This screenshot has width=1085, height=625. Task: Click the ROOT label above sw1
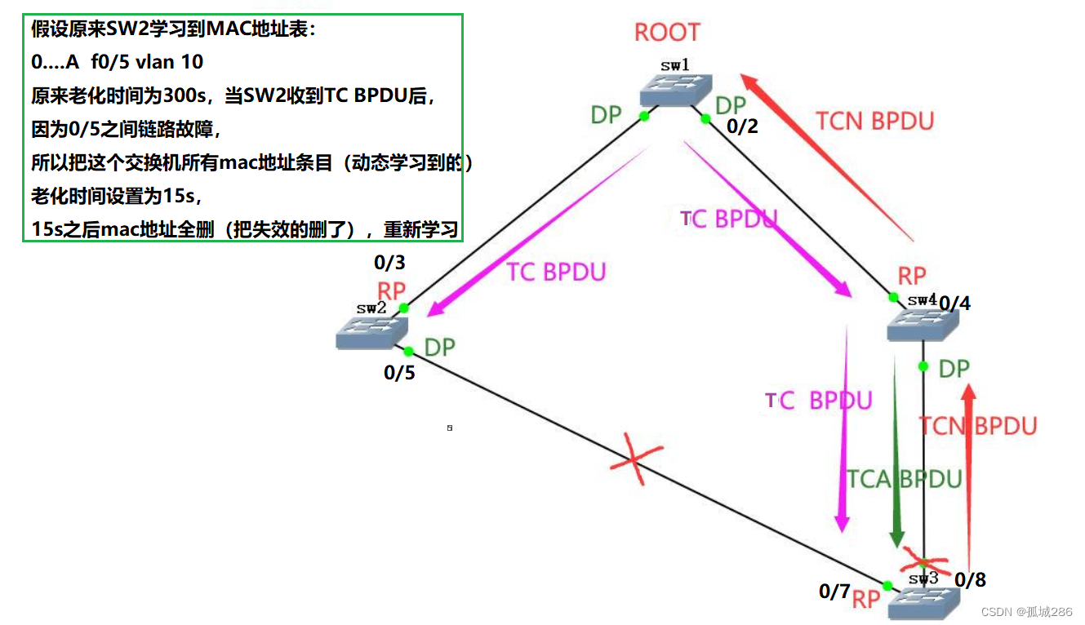(x=667, y=33)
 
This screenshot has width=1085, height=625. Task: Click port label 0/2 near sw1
(x=742, y=126)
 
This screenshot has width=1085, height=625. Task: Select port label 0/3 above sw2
(x=389, y=263)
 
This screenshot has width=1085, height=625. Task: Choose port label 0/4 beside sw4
(x=954, y=304)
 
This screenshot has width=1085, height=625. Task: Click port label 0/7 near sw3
(x=834, y=592)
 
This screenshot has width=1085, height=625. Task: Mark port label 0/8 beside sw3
(x=970, y=580)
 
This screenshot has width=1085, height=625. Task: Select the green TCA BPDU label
(x=904, y=479)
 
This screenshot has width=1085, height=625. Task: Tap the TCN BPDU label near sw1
(x=874, y=121)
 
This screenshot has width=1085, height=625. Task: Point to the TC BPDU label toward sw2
(x=556, y=272)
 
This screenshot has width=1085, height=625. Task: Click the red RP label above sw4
(x=912, y=275)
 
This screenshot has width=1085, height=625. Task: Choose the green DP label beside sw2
(x=439, y=348)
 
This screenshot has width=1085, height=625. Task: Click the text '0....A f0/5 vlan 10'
(x=117, y=61)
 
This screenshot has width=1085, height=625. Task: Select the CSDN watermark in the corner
(x=1026, y=612)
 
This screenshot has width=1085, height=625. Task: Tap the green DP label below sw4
(x=954, y=369)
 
